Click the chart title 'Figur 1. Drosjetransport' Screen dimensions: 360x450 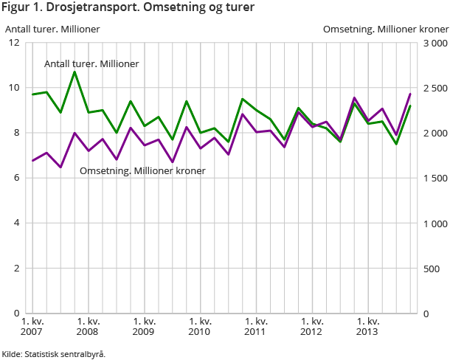(x=128, y=9)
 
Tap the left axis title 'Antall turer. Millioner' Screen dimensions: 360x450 (x=52, y=30)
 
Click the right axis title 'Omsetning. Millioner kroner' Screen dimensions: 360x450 (x=386, y=30)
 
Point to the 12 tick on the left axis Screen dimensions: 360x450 (x=14, y=43)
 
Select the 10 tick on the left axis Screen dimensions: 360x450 (x=14, y=88)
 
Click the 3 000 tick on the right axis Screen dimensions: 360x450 (x=435, y=43)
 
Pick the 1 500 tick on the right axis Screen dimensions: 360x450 (x=435, y=178)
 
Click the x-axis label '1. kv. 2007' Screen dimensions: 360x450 (x=32, y=326)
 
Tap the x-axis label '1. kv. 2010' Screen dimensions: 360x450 (x=200, y=326)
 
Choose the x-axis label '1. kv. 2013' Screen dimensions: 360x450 (x=368, y=326)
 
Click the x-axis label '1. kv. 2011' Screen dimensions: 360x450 (x=256, y=326)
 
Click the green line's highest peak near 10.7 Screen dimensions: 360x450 (x=75, y=72)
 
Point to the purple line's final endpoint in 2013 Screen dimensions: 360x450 (x=410, y=94)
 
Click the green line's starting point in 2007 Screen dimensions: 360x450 (x=32, y=94)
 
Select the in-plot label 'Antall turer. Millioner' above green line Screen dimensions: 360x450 (x=91, y=64)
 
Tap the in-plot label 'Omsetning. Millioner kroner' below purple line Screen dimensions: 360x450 (x=142, y=170)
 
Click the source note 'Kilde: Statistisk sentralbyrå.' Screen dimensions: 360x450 (x=54, y=354)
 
